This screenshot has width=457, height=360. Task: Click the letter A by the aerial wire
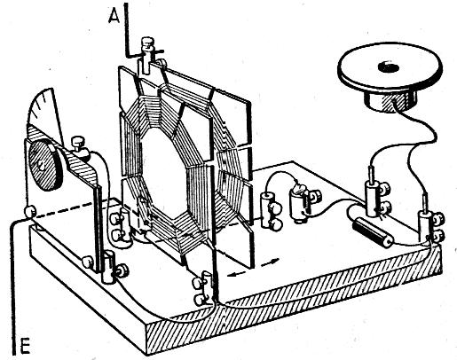(x=114, y=16)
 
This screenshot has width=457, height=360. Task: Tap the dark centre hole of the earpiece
(x=389, y=67)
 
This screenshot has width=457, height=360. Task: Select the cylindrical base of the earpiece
(x=390, y=101)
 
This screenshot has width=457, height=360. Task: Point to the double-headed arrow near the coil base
(x=254, y=268)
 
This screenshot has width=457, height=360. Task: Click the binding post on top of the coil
(x=146, y=55)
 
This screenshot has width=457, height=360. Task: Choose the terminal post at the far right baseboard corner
(x=430, y=226)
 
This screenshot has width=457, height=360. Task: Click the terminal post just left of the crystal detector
(x=271, y=210)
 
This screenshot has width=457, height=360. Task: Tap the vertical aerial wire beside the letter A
(x=126, y=29)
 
